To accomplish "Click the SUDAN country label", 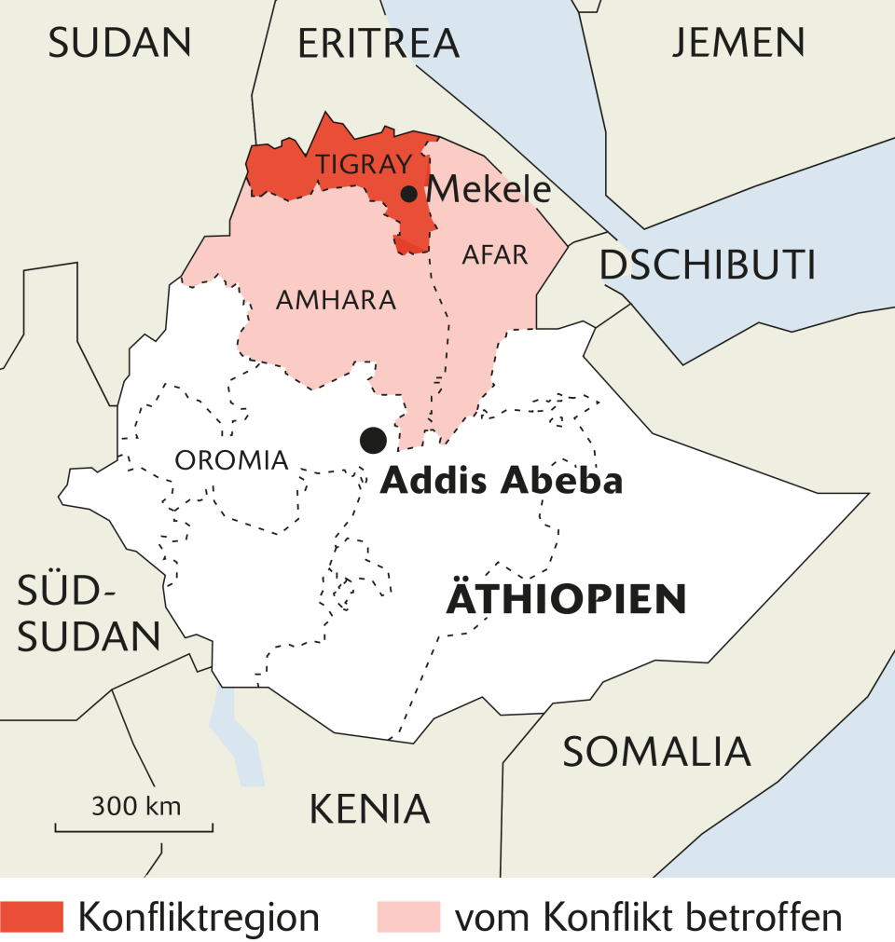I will pos(119,43).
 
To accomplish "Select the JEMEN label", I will pos(738,42).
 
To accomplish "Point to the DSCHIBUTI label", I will pos(708,266).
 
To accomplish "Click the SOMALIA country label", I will pos(656,750).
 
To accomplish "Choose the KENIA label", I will pos(369,809).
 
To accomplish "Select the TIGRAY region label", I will pos(364,165).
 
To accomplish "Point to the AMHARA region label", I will pos(337,300).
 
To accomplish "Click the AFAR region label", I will pos(495,254).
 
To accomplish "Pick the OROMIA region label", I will pos(232,459).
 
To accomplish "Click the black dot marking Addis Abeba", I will pos(373,439).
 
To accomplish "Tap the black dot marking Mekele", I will pos(408,194).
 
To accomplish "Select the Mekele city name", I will pos(489,190).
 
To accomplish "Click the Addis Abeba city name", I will pos(502,481).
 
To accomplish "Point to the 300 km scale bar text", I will pos(136,805).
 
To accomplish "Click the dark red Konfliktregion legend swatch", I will pos(32,917).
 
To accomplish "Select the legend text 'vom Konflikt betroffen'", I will pos(648,917).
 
